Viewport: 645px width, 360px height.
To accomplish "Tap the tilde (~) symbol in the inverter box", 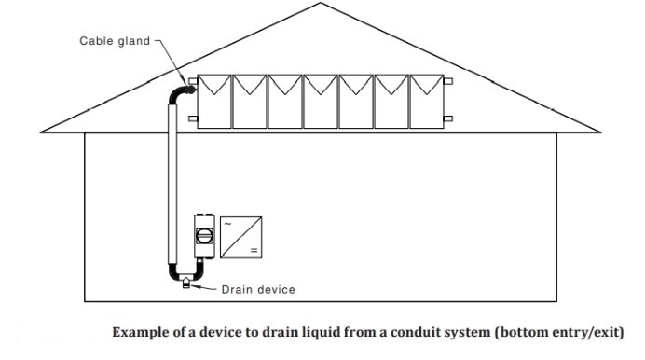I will tap(227, 224).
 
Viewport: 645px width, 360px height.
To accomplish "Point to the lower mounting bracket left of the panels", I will tap(192, 118).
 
